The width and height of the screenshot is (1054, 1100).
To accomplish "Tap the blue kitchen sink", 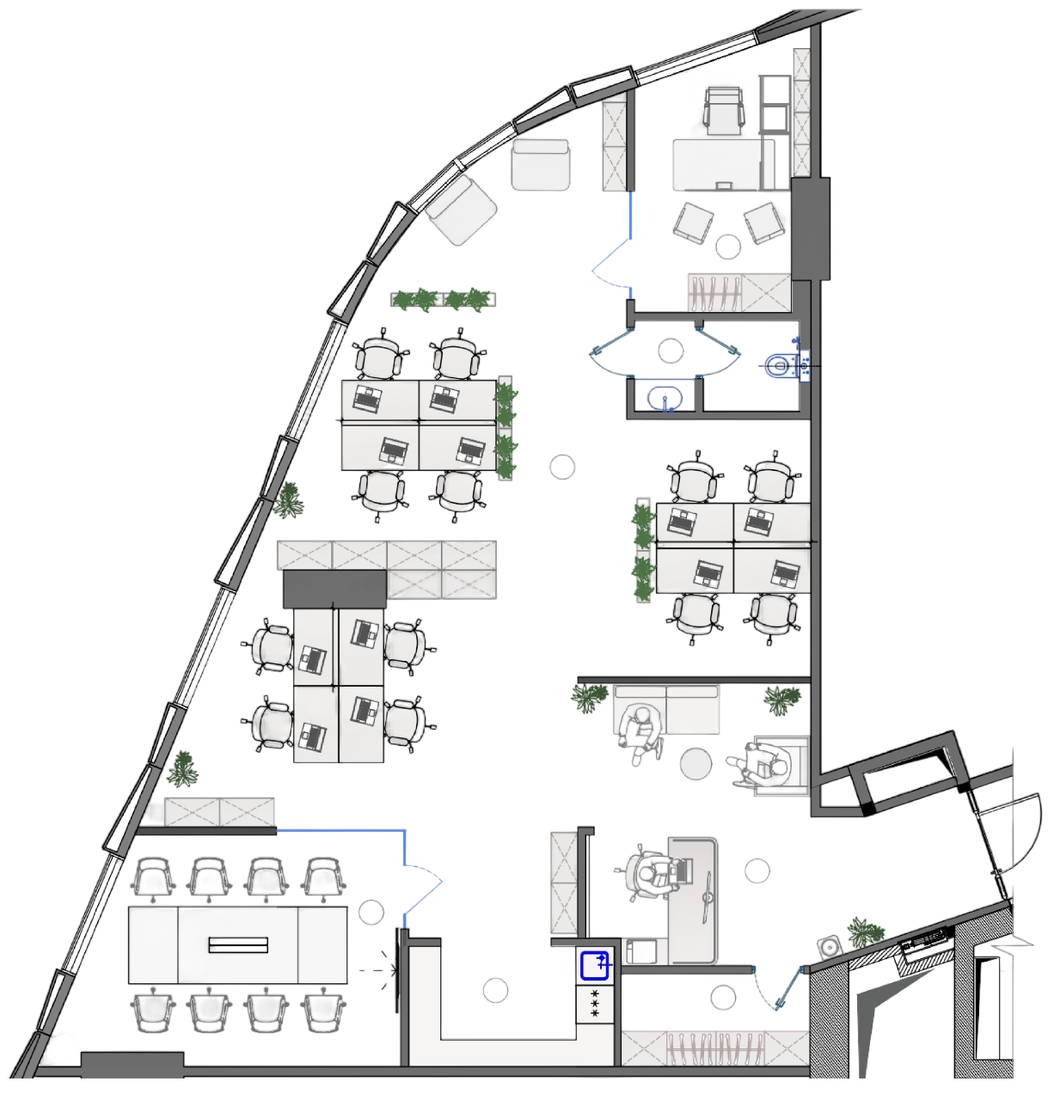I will (x=595, y=966).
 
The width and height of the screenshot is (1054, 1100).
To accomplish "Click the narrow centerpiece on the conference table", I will (x=238, y=945).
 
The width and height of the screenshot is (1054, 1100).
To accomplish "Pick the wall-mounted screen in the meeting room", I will (x=398, y=969).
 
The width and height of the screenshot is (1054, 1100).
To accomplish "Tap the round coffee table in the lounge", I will (x=696, y=763).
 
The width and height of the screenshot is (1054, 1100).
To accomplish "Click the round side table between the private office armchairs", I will (x=728, y=247).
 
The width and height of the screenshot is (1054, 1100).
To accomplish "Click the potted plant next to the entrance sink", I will (x=865, y=932).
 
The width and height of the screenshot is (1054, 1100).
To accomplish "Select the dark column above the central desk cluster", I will (x=334, y=588).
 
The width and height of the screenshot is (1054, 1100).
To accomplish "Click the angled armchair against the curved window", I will (x=463, y=209).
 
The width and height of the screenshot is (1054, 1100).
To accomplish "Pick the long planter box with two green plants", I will (x=442, y=300).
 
